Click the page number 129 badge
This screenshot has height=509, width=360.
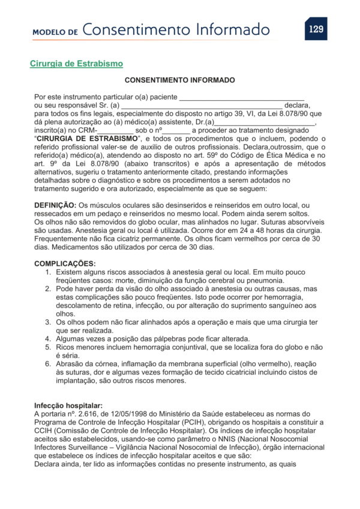pyautogui.click(x=316, y=28)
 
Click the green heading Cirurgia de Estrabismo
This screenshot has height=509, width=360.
pyautogui.click(x=76, y=63)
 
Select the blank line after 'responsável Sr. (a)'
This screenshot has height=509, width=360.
pyautogui.click(x=202, y=105)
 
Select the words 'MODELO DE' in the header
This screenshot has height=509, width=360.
pyautogui.click(x=55, y=31)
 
